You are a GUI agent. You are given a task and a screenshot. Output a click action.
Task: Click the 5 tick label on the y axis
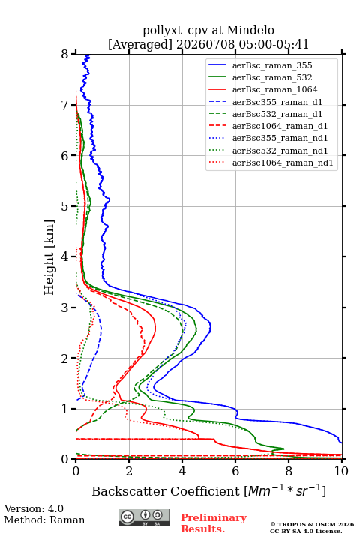tap(65, 206)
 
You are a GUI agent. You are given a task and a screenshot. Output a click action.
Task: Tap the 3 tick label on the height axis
tap(65, 307)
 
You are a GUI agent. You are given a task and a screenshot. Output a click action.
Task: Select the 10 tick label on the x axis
tap(341, 471)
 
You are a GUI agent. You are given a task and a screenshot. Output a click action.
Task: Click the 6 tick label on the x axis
tap(235, 471)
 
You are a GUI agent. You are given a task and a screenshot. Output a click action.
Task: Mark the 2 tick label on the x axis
tap(129, 471)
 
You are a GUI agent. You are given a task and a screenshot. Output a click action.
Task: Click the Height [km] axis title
tap(49, 257)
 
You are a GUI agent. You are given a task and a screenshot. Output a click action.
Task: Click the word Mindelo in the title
tap(250, 30)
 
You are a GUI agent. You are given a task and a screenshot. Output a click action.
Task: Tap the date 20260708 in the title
tap(206, 45)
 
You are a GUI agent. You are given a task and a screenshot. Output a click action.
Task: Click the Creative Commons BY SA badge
tap(144, 517)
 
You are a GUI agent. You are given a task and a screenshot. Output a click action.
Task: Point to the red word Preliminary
tap(214, 517)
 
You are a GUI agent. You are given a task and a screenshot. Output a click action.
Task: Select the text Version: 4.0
tap(34, 508)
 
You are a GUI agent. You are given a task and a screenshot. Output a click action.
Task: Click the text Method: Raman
tap(44, 520)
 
